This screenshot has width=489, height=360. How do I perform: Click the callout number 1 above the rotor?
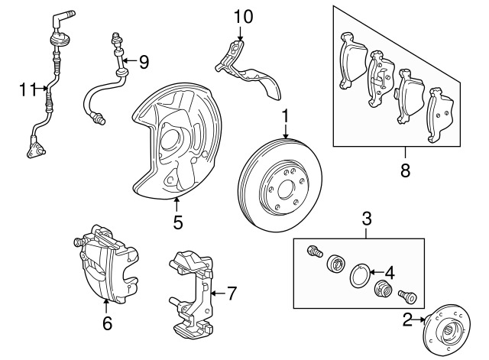pos(286,117)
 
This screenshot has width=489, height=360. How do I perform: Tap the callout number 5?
pos(178,222)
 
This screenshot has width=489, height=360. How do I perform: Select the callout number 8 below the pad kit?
pos(405,170)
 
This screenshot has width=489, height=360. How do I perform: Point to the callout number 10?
pos(243,17)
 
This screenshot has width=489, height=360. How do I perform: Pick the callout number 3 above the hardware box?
pos(367,219)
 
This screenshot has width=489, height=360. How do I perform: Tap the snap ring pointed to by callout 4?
pos(359,275)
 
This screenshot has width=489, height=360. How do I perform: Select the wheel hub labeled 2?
pos(446,327)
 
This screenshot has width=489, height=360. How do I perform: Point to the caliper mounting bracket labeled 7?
pos(192,294)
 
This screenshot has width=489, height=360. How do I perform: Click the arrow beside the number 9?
pos(130,60)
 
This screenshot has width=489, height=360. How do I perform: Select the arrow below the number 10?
pos(240,34)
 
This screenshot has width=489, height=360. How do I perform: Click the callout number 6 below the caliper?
pos(107,323)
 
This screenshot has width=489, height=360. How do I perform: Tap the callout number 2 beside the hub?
pos(407,319)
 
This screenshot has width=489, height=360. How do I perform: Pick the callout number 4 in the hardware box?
pos(390,273)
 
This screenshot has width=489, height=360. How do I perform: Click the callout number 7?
pos(232,294)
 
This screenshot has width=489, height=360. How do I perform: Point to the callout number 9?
pos(144,62)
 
